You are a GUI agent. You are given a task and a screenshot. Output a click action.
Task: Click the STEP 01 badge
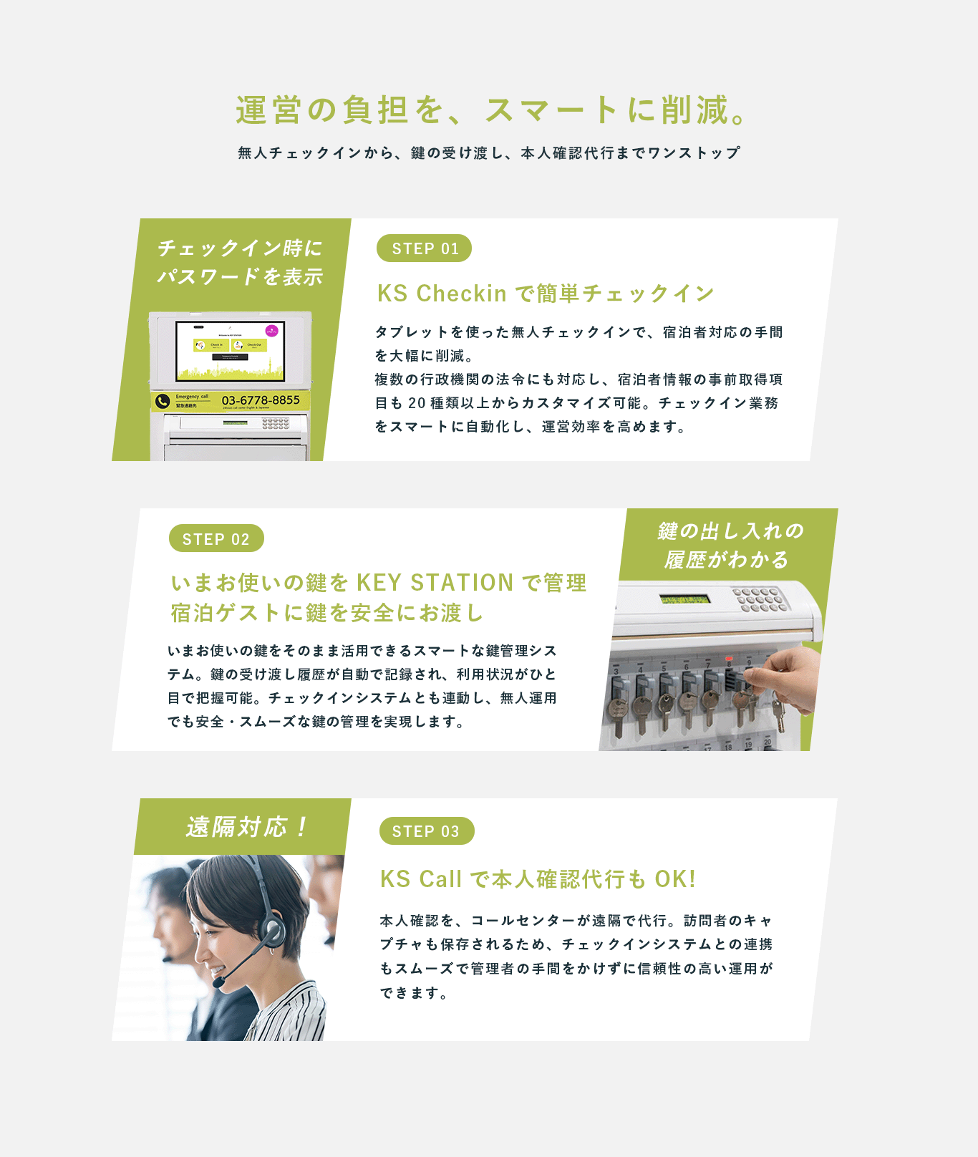pos(424,248)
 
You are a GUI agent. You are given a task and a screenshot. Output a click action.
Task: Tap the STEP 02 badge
pos(216,538)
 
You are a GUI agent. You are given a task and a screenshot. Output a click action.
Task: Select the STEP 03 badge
pos(427,831)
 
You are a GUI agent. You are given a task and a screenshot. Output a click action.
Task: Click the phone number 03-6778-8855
pos(261,400)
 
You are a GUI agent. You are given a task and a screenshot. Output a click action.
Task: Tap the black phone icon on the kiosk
pos(163,401)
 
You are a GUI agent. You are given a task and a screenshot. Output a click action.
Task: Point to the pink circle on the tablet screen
pos(272,331)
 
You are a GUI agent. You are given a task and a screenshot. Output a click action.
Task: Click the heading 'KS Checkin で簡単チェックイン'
pos(546,294)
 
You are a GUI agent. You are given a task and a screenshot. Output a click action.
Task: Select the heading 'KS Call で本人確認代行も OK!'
pos(538,878)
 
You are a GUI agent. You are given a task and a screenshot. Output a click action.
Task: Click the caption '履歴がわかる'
pos(726,560)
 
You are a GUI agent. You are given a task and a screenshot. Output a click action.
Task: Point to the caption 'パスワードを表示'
pos(240,277)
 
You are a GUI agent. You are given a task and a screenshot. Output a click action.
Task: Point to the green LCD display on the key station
pos(684,599)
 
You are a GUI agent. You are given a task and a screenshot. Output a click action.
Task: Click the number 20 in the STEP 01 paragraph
pos(417,403)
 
